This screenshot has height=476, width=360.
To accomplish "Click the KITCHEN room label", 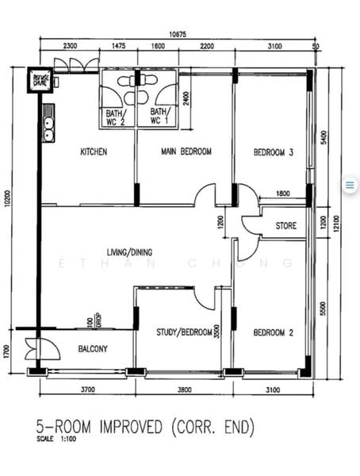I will [x=94, y=152].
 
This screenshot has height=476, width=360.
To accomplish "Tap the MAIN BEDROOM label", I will [x=186, y=152].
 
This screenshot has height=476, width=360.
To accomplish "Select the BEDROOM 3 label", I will [x=274, y=152].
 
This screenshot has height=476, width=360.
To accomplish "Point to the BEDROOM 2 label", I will [x=274, y=332].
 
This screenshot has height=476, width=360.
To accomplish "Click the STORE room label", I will [x=286, y=226].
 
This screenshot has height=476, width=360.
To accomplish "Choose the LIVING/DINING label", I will [x=129, y=253].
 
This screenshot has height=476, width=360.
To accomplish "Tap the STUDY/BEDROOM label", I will [x=178, y=332].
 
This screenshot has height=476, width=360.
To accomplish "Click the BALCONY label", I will [x=94, y=348].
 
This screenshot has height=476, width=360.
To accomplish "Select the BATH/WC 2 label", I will [x=115, y=117].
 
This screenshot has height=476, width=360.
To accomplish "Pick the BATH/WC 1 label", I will [x=159, y=117].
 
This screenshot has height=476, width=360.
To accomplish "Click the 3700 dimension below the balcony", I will [x=87, y=390].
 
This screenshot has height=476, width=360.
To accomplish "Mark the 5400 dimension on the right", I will [x=322, y=136].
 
